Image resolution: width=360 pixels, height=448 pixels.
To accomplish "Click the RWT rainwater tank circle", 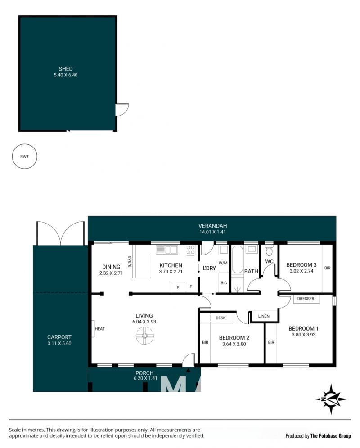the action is (x=25, y=156).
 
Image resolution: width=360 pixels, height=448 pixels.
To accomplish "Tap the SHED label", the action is (x=66, y=69).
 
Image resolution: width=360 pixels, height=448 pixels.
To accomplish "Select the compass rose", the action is (x=331, y=399).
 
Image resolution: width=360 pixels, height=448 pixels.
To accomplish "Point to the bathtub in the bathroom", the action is (x=237, y=260).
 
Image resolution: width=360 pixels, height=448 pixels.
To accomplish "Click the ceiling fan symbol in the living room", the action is (x=145, y=336).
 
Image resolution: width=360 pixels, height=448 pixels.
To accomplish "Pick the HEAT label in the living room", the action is (x=100, y=329).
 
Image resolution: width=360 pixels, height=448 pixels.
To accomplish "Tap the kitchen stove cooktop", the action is (x=191, y=250).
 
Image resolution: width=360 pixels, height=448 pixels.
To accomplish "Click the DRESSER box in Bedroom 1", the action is (x=306, y=299).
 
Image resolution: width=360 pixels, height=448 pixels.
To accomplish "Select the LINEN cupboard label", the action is (x=264, y=316).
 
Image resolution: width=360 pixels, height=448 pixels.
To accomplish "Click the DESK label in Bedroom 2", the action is (x=221, y=318).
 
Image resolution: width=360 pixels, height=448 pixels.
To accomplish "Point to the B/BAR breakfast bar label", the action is (x=130, y=261).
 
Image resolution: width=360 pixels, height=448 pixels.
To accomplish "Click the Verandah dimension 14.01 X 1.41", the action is (x=212, y=232).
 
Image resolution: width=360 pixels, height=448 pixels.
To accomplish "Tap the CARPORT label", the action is (x=59, y=337).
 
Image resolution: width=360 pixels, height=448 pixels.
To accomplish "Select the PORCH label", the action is (x=144, y=373).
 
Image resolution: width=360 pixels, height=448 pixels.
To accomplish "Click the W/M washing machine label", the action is (x=223, y=263).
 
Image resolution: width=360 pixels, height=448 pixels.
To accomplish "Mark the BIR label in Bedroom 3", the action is (x=328, y=268).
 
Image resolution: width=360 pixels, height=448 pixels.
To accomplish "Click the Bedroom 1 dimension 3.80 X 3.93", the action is (x=304, y=335).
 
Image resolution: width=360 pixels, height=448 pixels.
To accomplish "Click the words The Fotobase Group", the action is (x=331, y=436).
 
